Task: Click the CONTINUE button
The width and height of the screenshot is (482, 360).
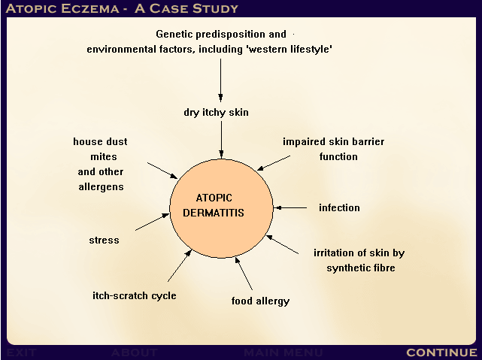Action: pyautogui.click(x=441, y=352)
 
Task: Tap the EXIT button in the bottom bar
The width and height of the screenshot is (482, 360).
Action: pyautogui.click(x=22, y=352)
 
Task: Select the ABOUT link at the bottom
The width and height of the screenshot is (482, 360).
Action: pyautogui.click(x=135, y=352)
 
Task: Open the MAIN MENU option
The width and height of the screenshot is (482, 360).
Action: pyautogui.click(x=283, y=352)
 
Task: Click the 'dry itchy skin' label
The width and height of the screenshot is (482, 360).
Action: pyautogui.click(x=216, y=113)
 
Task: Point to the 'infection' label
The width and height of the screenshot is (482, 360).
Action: pyautogui.click(x=339, y=207)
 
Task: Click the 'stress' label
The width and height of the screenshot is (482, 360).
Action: pyautogui.click(x=104, y=240)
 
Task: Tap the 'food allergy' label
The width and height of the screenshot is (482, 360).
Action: pyautogui.click(x=260, y=301)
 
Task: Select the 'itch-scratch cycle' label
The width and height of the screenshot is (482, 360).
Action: pyautogui.click(x=135, y=295)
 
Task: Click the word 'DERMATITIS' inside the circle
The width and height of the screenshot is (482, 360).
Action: pyautogui.click(x=214, y=213)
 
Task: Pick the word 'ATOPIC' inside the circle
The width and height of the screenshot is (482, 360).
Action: pyautogui.click(x=214, y=198)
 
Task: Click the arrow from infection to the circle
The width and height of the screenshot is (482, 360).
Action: pyautogui.click(x=290, y=208)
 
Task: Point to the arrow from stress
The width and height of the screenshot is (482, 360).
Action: pyautogui.click(x=152, y=222)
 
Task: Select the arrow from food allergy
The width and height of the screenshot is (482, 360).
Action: pyautogui.click(x=244, y=274)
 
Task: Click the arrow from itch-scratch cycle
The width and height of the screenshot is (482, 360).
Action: pyautogui.click(x=180, y=266)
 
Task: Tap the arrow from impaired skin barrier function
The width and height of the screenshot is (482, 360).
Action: pyautogui.click(x=273, y=163)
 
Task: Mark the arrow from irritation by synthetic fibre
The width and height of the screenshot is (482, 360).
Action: pyautogui.click(x=282, y=244)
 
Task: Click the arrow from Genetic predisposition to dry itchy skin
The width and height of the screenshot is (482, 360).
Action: pyautogui.click(x=220, y=80)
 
